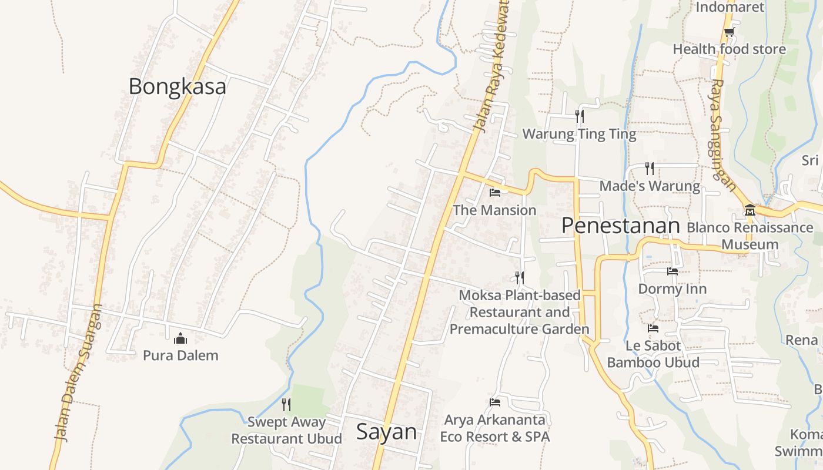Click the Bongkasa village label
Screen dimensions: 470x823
coord(177,86)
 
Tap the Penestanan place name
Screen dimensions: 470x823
coord(620,226)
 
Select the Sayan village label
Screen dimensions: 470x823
coord(386,432)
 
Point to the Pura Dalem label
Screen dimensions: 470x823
coord(180,355)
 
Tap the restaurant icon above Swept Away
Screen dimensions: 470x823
coord(286,404)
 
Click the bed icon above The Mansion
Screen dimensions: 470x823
coord(495,192)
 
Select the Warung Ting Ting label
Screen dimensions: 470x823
coord(579,134)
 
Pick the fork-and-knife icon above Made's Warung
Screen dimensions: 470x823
coord(650,169)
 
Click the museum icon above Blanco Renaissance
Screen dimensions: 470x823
coord(750,210)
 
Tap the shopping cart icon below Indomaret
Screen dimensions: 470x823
coord(729,32)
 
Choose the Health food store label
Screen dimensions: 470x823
coord(729,49)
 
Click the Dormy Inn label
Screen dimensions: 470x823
coord(672,289)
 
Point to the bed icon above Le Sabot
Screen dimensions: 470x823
coord(653,328)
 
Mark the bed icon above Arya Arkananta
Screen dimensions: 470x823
coord(495,402)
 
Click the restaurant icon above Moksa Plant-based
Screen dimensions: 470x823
coord(519,277)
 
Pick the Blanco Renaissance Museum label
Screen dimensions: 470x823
coord(750,236)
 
